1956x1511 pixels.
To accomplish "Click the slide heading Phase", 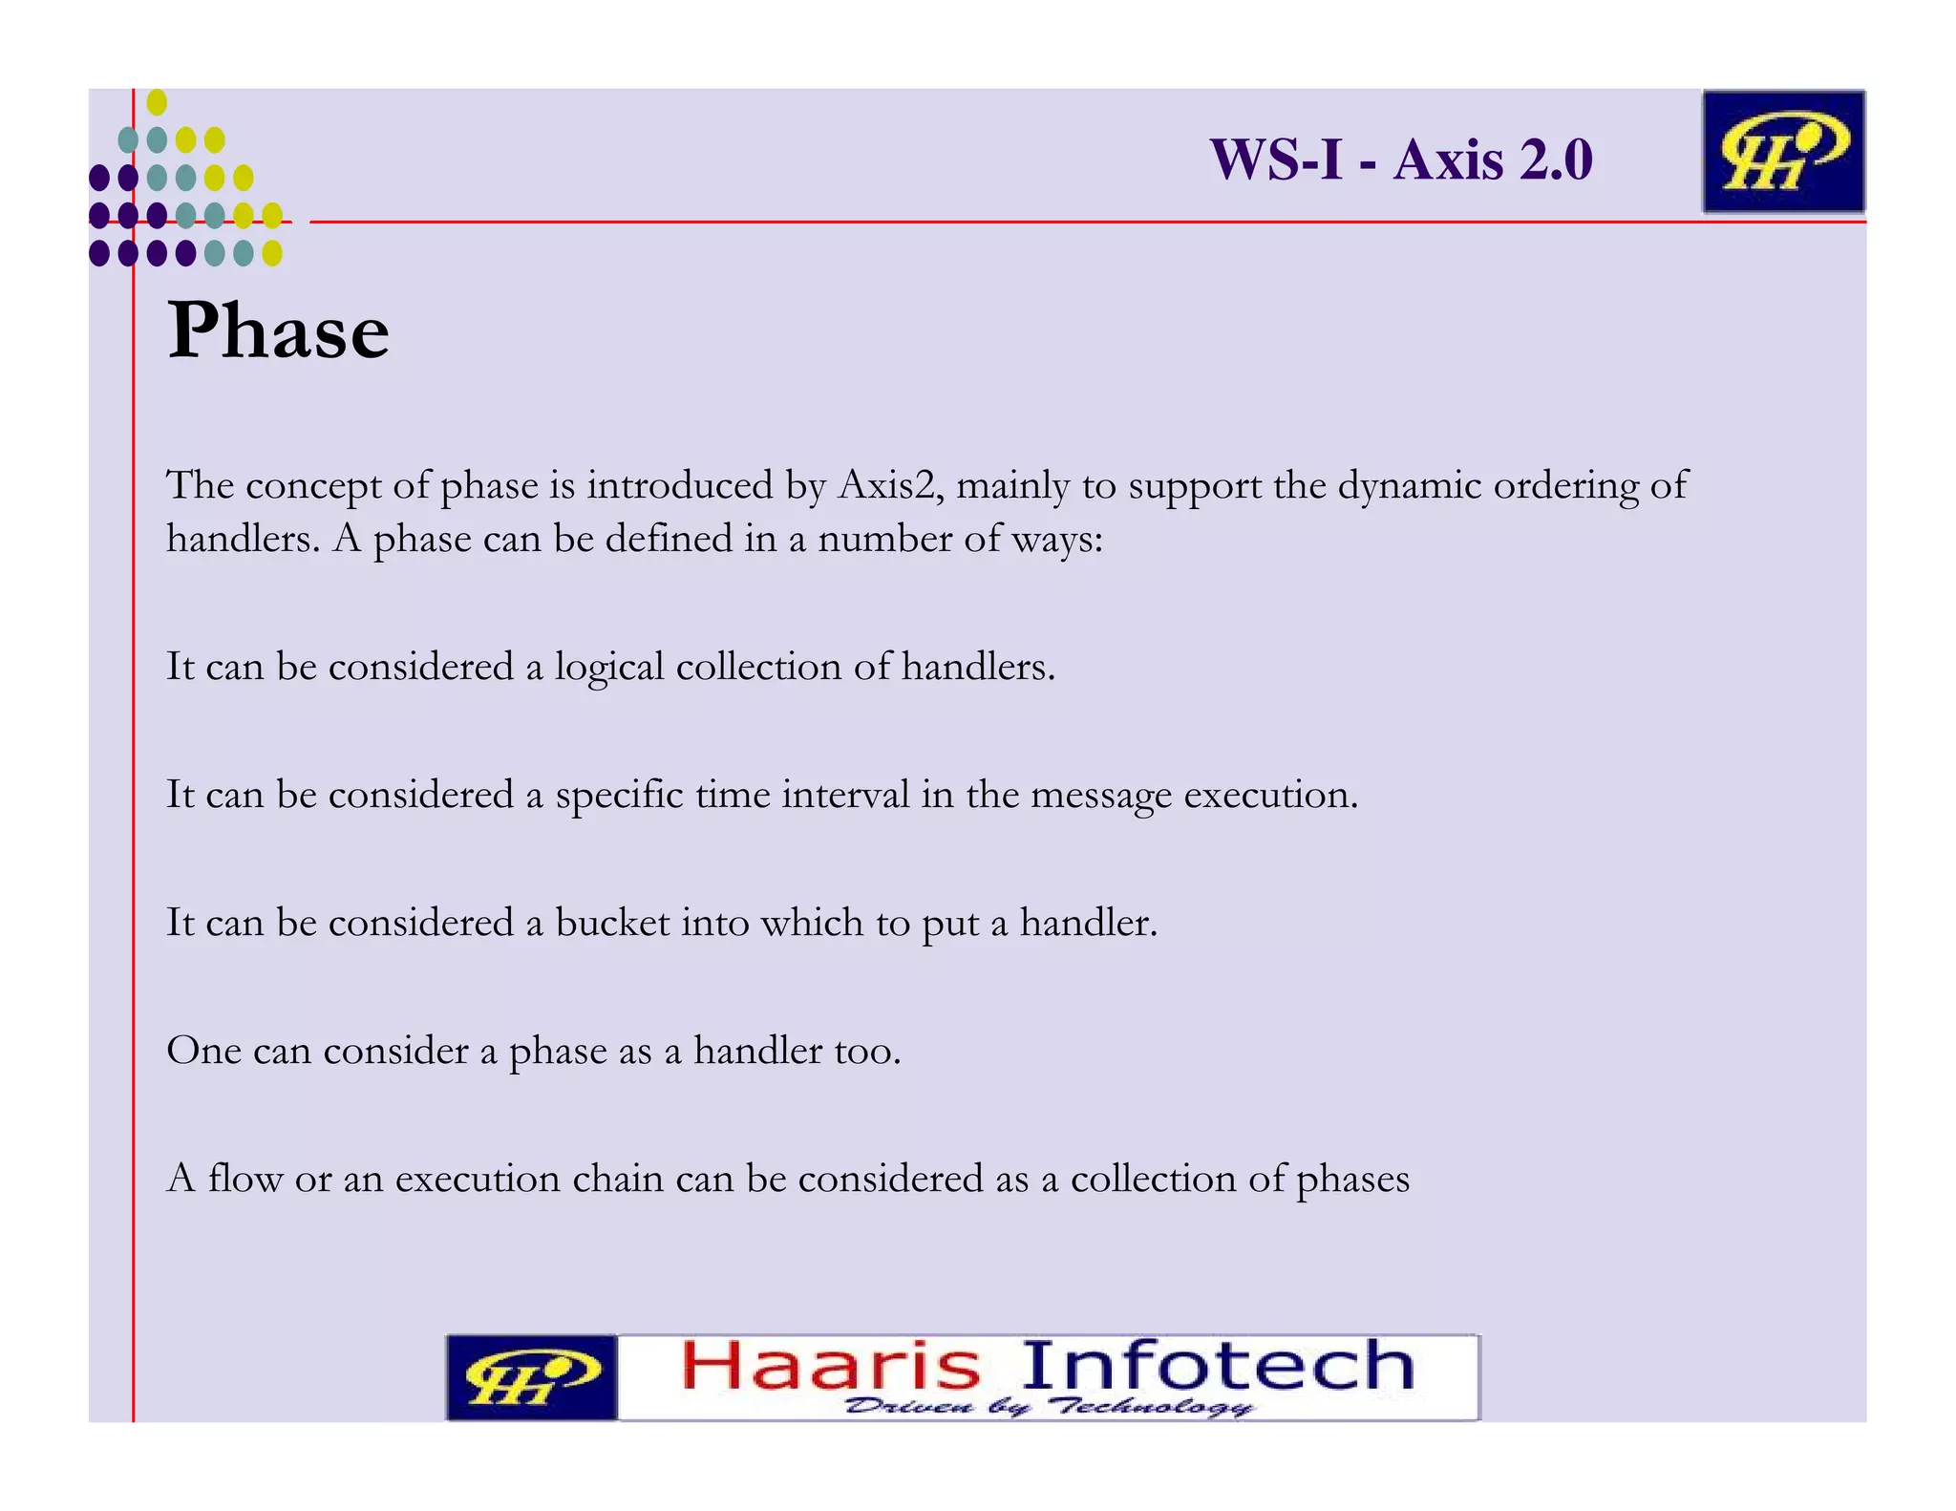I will pos(278,330).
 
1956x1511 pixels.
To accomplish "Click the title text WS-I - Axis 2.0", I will pos(1400,159).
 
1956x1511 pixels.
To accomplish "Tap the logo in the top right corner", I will pos(1782,152).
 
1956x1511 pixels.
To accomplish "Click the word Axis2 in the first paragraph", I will pos(890,485).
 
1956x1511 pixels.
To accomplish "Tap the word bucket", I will pos(612,923).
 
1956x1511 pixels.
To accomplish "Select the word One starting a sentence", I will pos(203,1051).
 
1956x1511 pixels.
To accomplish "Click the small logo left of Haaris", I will pos(532,1377).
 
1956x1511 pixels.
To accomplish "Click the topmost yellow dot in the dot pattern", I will pos(158,102).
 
